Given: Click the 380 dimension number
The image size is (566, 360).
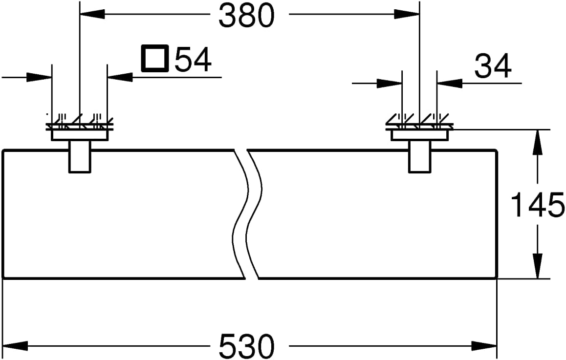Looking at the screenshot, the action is point(246,16).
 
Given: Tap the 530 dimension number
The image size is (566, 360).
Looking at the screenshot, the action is point(246,345).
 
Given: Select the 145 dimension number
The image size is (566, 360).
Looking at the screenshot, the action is point(538,205).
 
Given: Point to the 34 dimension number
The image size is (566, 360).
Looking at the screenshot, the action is point(493,66).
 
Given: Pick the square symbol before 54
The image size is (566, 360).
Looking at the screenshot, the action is point(155,58).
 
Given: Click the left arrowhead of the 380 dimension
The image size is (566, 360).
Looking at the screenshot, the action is point(92,14).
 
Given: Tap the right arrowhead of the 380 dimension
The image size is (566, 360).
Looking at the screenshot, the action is point(407,14).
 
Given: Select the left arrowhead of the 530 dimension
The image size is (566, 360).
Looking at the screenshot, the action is point(16,345).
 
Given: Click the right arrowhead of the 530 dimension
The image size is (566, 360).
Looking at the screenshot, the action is point(484,345).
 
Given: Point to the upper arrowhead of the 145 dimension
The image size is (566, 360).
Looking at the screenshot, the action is point(538,142).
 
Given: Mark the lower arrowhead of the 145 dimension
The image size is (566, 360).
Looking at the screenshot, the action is point(538,266).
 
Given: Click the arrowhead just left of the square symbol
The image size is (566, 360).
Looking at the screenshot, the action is point(120,77).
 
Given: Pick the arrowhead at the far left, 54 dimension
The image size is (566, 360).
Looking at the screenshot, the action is point(39,77).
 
